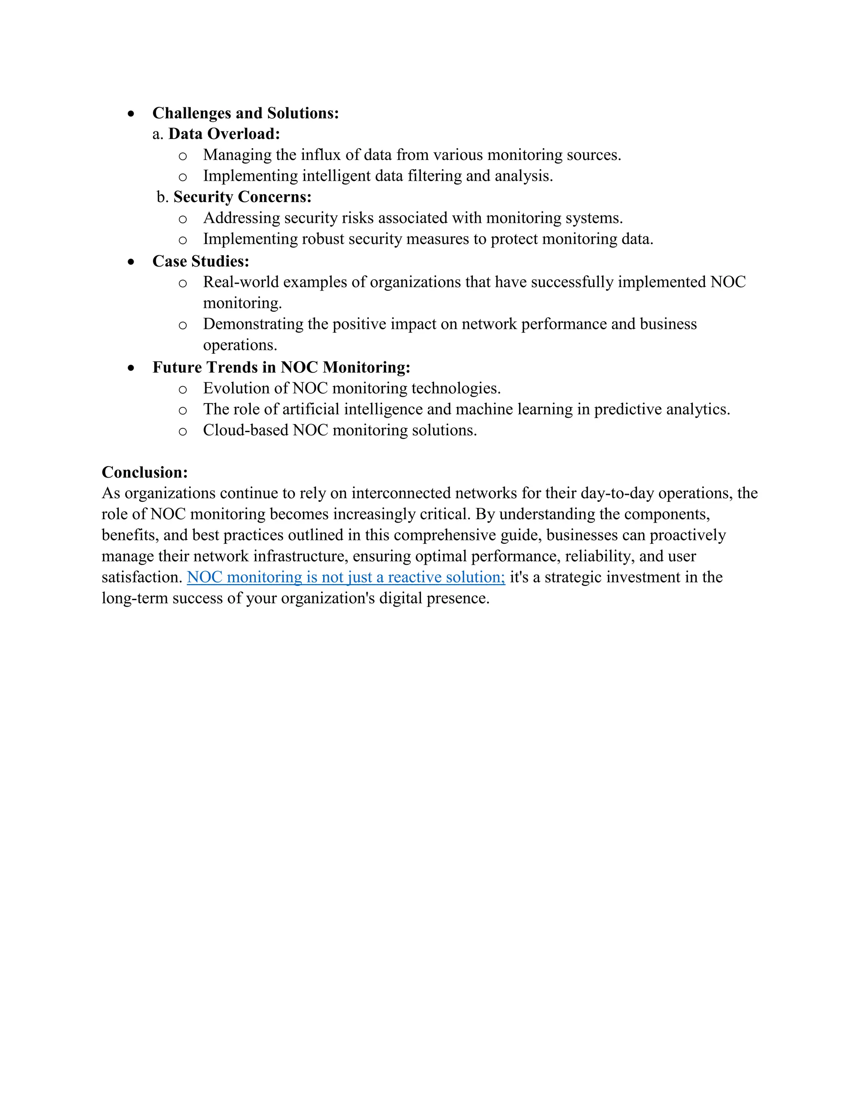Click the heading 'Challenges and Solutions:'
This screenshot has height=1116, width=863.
point(245,113)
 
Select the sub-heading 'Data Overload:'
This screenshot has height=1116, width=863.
point(224,134)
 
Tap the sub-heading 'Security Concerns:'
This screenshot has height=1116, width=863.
point(242,197)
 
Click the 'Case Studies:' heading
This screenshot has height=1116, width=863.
point(201,261)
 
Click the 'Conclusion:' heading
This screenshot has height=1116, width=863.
point(145,472)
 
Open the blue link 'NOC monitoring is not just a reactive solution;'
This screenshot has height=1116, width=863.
point(346,577)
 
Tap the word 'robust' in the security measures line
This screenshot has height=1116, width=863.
point(323,239)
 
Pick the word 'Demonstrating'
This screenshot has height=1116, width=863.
point(253,324)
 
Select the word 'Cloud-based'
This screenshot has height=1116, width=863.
point(245,430)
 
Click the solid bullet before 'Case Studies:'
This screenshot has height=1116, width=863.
point(131,262)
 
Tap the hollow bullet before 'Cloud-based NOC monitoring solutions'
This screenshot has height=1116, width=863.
point(182,432)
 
